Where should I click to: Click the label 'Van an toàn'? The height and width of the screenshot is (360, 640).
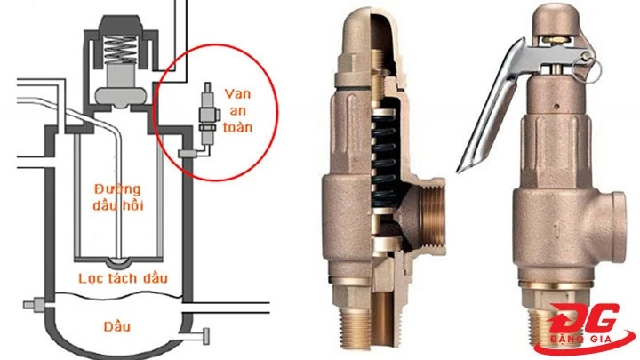(238, 110)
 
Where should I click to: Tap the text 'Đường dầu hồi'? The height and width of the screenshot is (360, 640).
(118, 197)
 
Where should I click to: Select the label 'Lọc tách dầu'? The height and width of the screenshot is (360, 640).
(123, 278)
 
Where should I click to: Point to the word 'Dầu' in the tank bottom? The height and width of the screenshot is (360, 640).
(117, 326)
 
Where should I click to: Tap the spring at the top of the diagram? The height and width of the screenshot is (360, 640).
(120, 50)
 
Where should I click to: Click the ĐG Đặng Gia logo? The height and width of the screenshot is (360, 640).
(584, 329)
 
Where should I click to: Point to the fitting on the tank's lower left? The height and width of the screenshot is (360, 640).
(35, 305)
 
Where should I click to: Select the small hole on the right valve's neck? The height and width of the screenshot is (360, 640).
(556, 107)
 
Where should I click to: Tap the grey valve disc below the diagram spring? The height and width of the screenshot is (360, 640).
(120, 96)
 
